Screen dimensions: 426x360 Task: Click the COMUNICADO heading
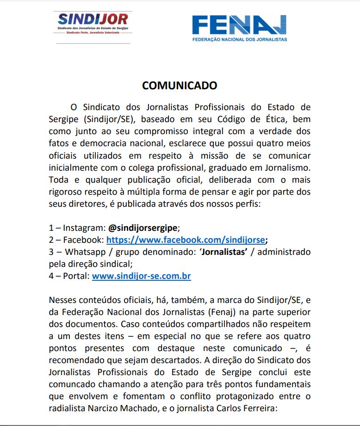180,86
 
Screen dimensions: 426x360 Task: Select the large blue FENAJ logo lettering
239,25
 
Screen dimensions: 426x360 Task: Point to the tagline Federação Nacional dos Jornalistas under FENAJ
239,40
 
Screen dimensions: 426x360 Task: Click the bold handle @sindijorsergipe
143,228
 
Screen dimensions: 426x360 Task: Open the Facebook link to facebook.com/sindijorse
186,240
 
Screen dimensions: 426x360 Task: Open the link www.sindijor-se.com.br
141,276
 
